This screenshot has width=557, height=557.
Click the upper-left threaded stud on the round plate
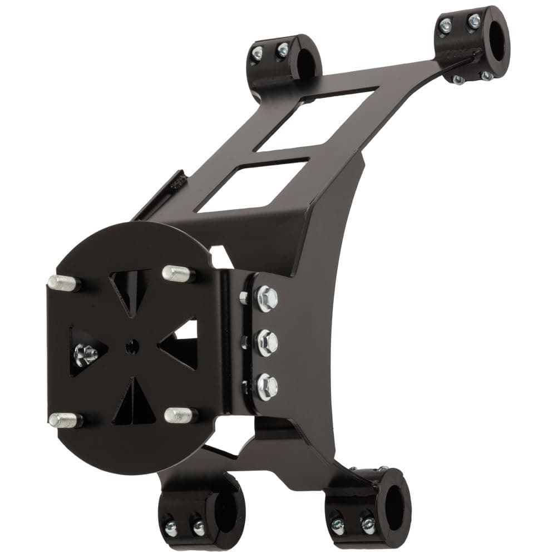[x=63, y=283]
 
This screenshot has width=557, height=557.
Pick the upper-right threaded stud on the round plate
[x=178, y=273]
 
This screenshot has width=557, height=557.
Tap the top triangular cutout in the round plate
[x=130, y=289]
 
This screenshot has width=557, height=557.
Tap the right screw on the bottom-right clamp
[x=367, y=524]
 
